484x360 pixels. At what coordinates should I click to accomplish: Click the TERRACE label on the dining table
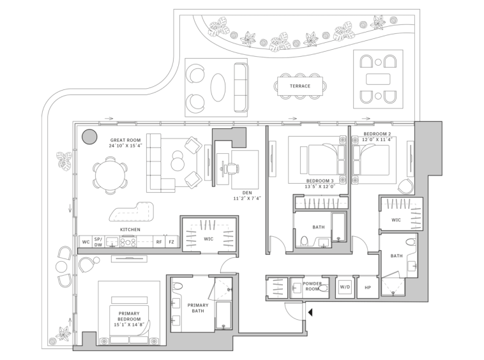click(x=299, y=86)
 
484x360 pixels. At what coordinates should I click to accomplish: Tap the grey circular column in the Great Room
click(x=90, y=137)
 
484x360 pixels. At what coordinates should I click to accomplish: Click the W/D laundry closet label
click(x=345, y=287)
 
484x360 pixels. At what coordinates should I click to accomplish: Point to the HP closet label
click(x=368, y=287)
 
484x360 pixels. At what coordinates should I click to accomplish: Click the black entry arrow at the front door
click(x=310, y=313)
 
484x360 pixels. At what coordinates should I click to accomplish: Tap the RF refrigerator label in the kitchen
click(x=159, y=242)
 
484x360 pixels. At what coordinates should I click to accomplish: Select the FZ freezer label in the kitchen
click(x=171, y=242)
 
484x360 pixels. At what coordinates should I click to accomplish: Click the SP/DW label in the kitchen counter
click(x=98, y=242)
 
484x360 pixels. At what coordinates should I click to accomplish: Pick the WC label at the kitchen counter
click(x=86, y=242)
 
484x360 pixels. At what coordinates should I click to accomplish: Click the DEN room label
click(x=247, y=193)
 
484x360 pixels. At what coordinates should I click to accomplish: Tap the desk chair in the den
click(x=232, y=169)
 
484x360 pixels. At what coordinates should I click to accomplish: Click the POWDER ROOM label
click(x=312, y=286)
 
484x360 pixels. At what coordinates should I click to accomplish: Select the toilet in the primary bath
click(x=178, y=286)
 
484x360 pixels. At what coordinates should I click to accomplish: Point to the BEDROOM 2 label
click(x=377, y=134)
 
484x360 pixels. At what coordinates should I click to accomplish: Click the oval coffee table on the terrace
click(x=218, y=87)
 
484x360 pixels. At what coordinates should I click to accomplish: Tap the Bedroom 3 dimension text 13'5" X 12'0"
click(x=320, y=186)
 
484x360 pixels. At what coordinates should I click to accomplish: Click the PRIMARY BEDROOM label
click(x=129, y=316)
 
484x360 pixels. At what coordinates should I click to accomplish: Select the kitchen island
click(x=132, y=212)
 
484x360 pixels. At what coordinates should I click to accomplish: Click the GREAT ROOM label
click(x=125, y=140)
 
